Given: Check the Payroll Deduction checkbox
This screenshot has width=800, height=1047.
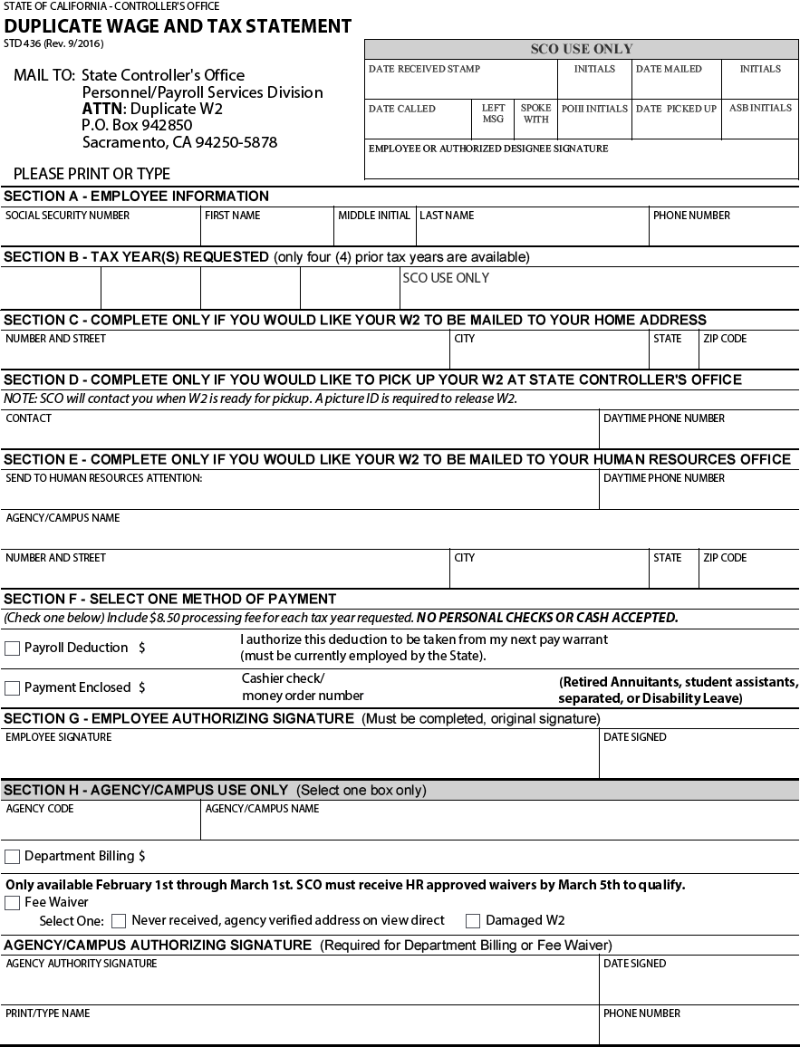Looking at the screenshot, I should (12, 648).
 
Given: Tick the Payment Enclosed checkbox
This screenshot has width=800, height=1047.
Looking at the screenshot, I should (12, 688).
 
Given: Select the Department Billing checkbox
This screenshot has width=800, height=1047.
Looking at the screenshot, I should (12, 857).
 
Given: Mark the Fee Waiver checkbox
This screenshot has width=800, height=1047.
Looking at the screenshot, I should (12, 903).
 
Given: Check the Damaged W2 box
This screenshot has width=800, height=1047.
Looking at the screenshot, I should (473, 921).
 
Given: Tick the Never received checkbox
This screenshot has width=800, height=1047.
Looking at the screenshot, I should (119, 921).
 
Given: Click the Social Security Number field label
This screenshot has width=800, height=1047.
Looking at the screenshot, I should (67, 216).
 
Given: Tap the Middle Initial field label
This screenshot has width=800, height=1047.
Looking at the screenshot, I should (374, 216).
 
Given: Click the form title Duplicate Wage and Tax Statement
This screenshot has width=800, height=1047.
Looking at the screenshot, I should (178, 26).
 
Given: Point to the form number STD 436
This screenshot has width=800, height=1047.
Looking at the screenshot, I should (53, 43).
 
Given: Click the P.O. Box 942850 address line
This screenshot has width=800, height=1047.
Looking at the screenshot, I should (137, 125).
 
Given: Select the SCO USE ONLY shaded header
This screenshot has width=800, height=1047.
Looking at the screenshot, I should (581, 49).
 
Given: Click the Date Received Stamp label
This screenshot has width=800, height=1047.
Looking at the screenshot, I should (424, 69).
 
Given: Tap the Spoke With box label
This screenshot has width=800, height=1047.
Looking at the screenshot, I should (535, 113).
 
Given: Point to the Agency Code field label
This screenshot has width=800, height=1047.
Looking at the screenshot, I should (40, 809).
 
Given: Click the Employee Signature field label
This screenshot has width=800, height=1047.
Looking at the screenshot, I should (59, 737).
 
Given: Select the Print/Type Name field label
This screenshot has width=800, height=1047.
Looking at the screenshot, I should (47, 1013).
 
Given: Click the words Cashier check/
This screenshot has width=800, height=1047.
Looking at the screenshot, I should (283, 678).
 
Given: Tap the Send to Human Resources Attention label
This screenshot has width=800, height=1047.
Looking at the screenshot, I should (104, 478).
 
